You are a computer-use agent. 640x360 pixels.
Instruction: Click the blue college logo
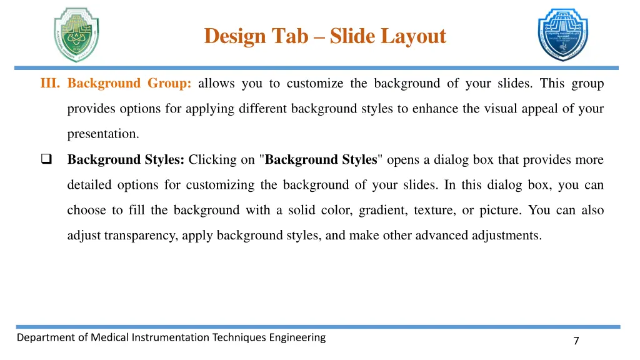click(563, 35)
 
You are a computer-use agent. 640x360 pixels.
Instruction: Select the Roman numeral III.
click(50, 84)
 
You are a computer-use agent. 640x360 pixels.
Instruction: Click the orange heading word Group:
click(170, 84)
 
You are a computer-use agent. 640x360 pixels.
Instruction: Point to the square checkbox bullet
click(46, 159)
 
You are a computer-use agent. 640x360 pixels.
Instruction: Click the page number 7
click(576, 341)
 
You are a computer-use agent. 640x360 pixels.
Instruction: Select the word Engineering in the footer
click(297, 338)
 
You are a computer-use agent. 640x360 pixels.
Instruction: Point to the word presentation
click(102, 134)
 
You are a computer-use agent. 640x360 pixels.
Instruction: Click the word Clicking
click(212, 160)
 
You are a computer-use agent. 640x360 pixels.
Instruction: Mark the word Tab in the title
click(291, 36)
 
